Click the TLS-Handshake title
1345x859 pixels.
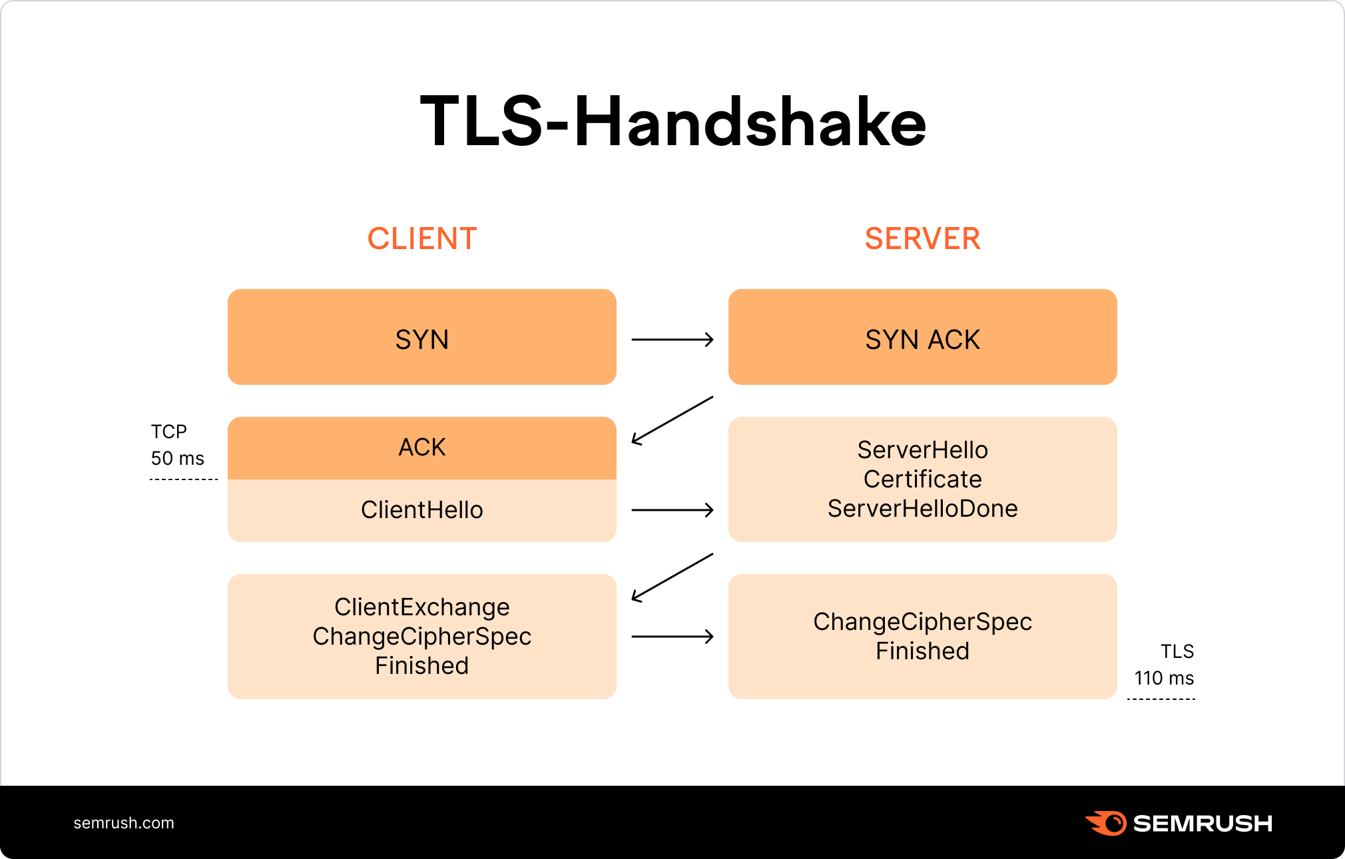pyautogui.click(x=672, y=122)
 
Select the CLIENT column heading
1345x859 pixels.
pyautogui.click(x=422, y=238)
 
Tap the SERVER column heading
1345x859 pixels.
pyautogui.click(x=922, y=238)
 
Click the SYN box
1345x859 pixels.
pyautogui.click(x=422, y=338)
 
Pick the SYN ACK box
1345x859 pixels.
pyautogui.click(x=922, y=338)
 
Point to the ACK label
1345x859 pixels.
pyautogui.click(x=422, y=447)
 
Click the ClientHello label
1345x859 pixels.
pyautogui.click(x=422, y=510)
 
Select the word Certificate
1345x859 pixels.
pyautogui.click(x=922, y=479)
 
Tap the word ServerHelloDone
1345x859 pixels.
pyautogui.click(x=922, y=509)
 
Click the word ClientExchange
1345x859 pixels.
pyautogui.click(x=422, y=607)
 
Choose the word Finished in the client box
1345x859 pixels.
pyautogui.click(x=422, y=666)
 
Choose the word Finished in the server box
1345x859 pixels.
pyautogui.click(x=922, y=651)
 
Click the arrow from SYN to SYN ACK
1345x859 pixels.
pyautogui.click(x=672, y=340)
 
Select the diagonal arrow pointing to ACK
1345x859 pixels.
pyautogui.click(x=672, y=420)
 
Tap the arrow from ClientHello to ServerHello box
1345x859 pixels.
pyautogui.click(x=672, y=510)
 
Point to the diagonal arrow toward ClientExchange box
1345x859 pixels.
pyautogui.click(x=672, y=577)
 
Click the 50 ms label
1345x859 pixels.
pyautogui.click(x=177, y=458)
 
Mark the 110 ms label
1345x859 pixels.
pyautogui.click(x=1164, y=678)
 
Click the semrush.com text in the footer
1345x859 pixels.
pyautogui.click(x=124, y=823)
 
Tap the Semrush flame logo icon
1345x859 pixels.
pyautogui.click(x=1106, y=823)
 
